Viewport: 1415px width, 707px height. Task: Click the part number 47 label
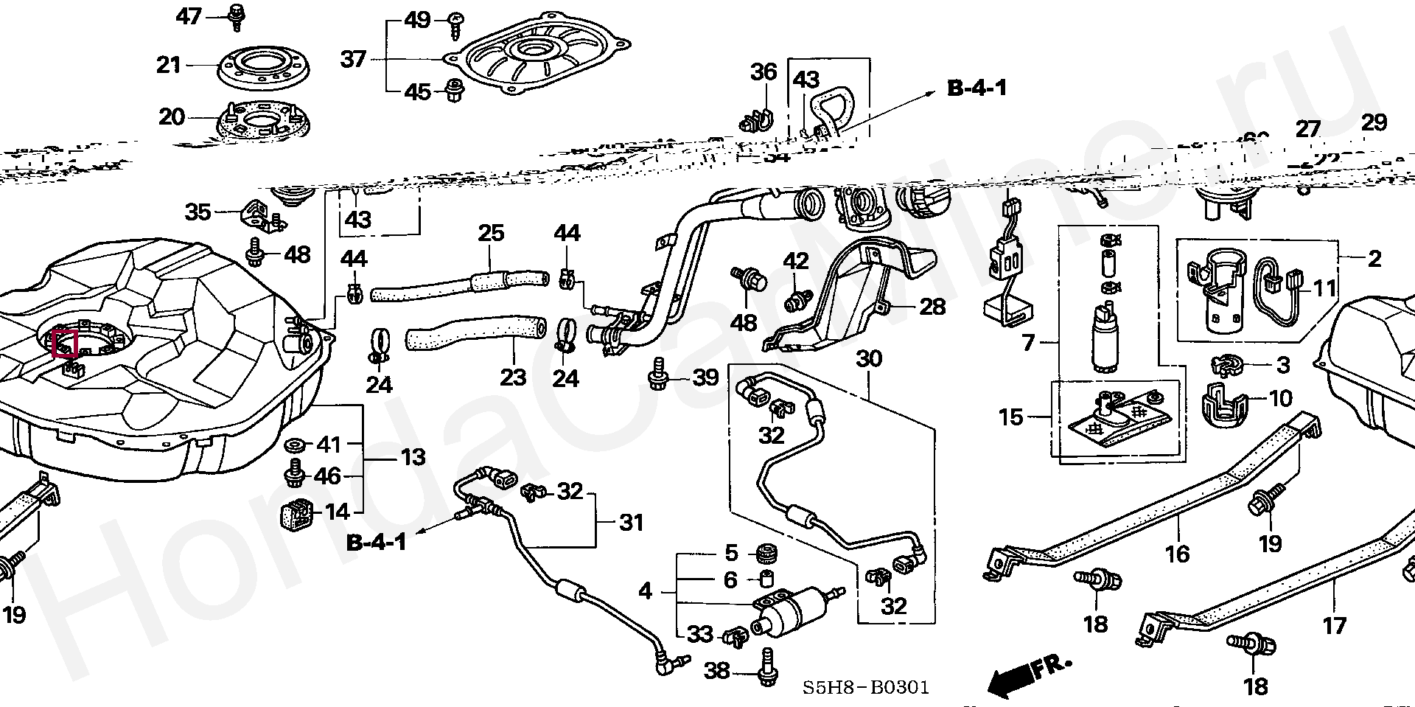[189, 15]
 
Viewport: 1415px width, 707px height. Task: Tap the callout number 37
[354, 58]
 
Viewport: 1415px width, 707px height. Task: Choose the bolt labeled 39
[657, 377]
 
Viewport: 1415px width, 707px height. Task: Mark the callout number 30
[869, 359]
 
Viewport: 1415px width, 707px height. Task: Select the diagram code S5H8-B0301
[866, 688]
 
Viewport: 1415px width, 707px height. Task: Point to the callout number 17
[1335, 626]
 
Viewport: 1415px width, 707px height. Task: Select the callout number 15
[1011, 417]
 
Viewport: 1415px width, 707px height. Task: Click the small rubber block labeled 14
[298, 514]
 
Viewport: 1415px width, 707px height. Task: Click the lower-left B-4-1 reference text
[377, 543]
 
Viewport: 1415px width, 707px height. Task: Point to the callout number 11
[1325, 288]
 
